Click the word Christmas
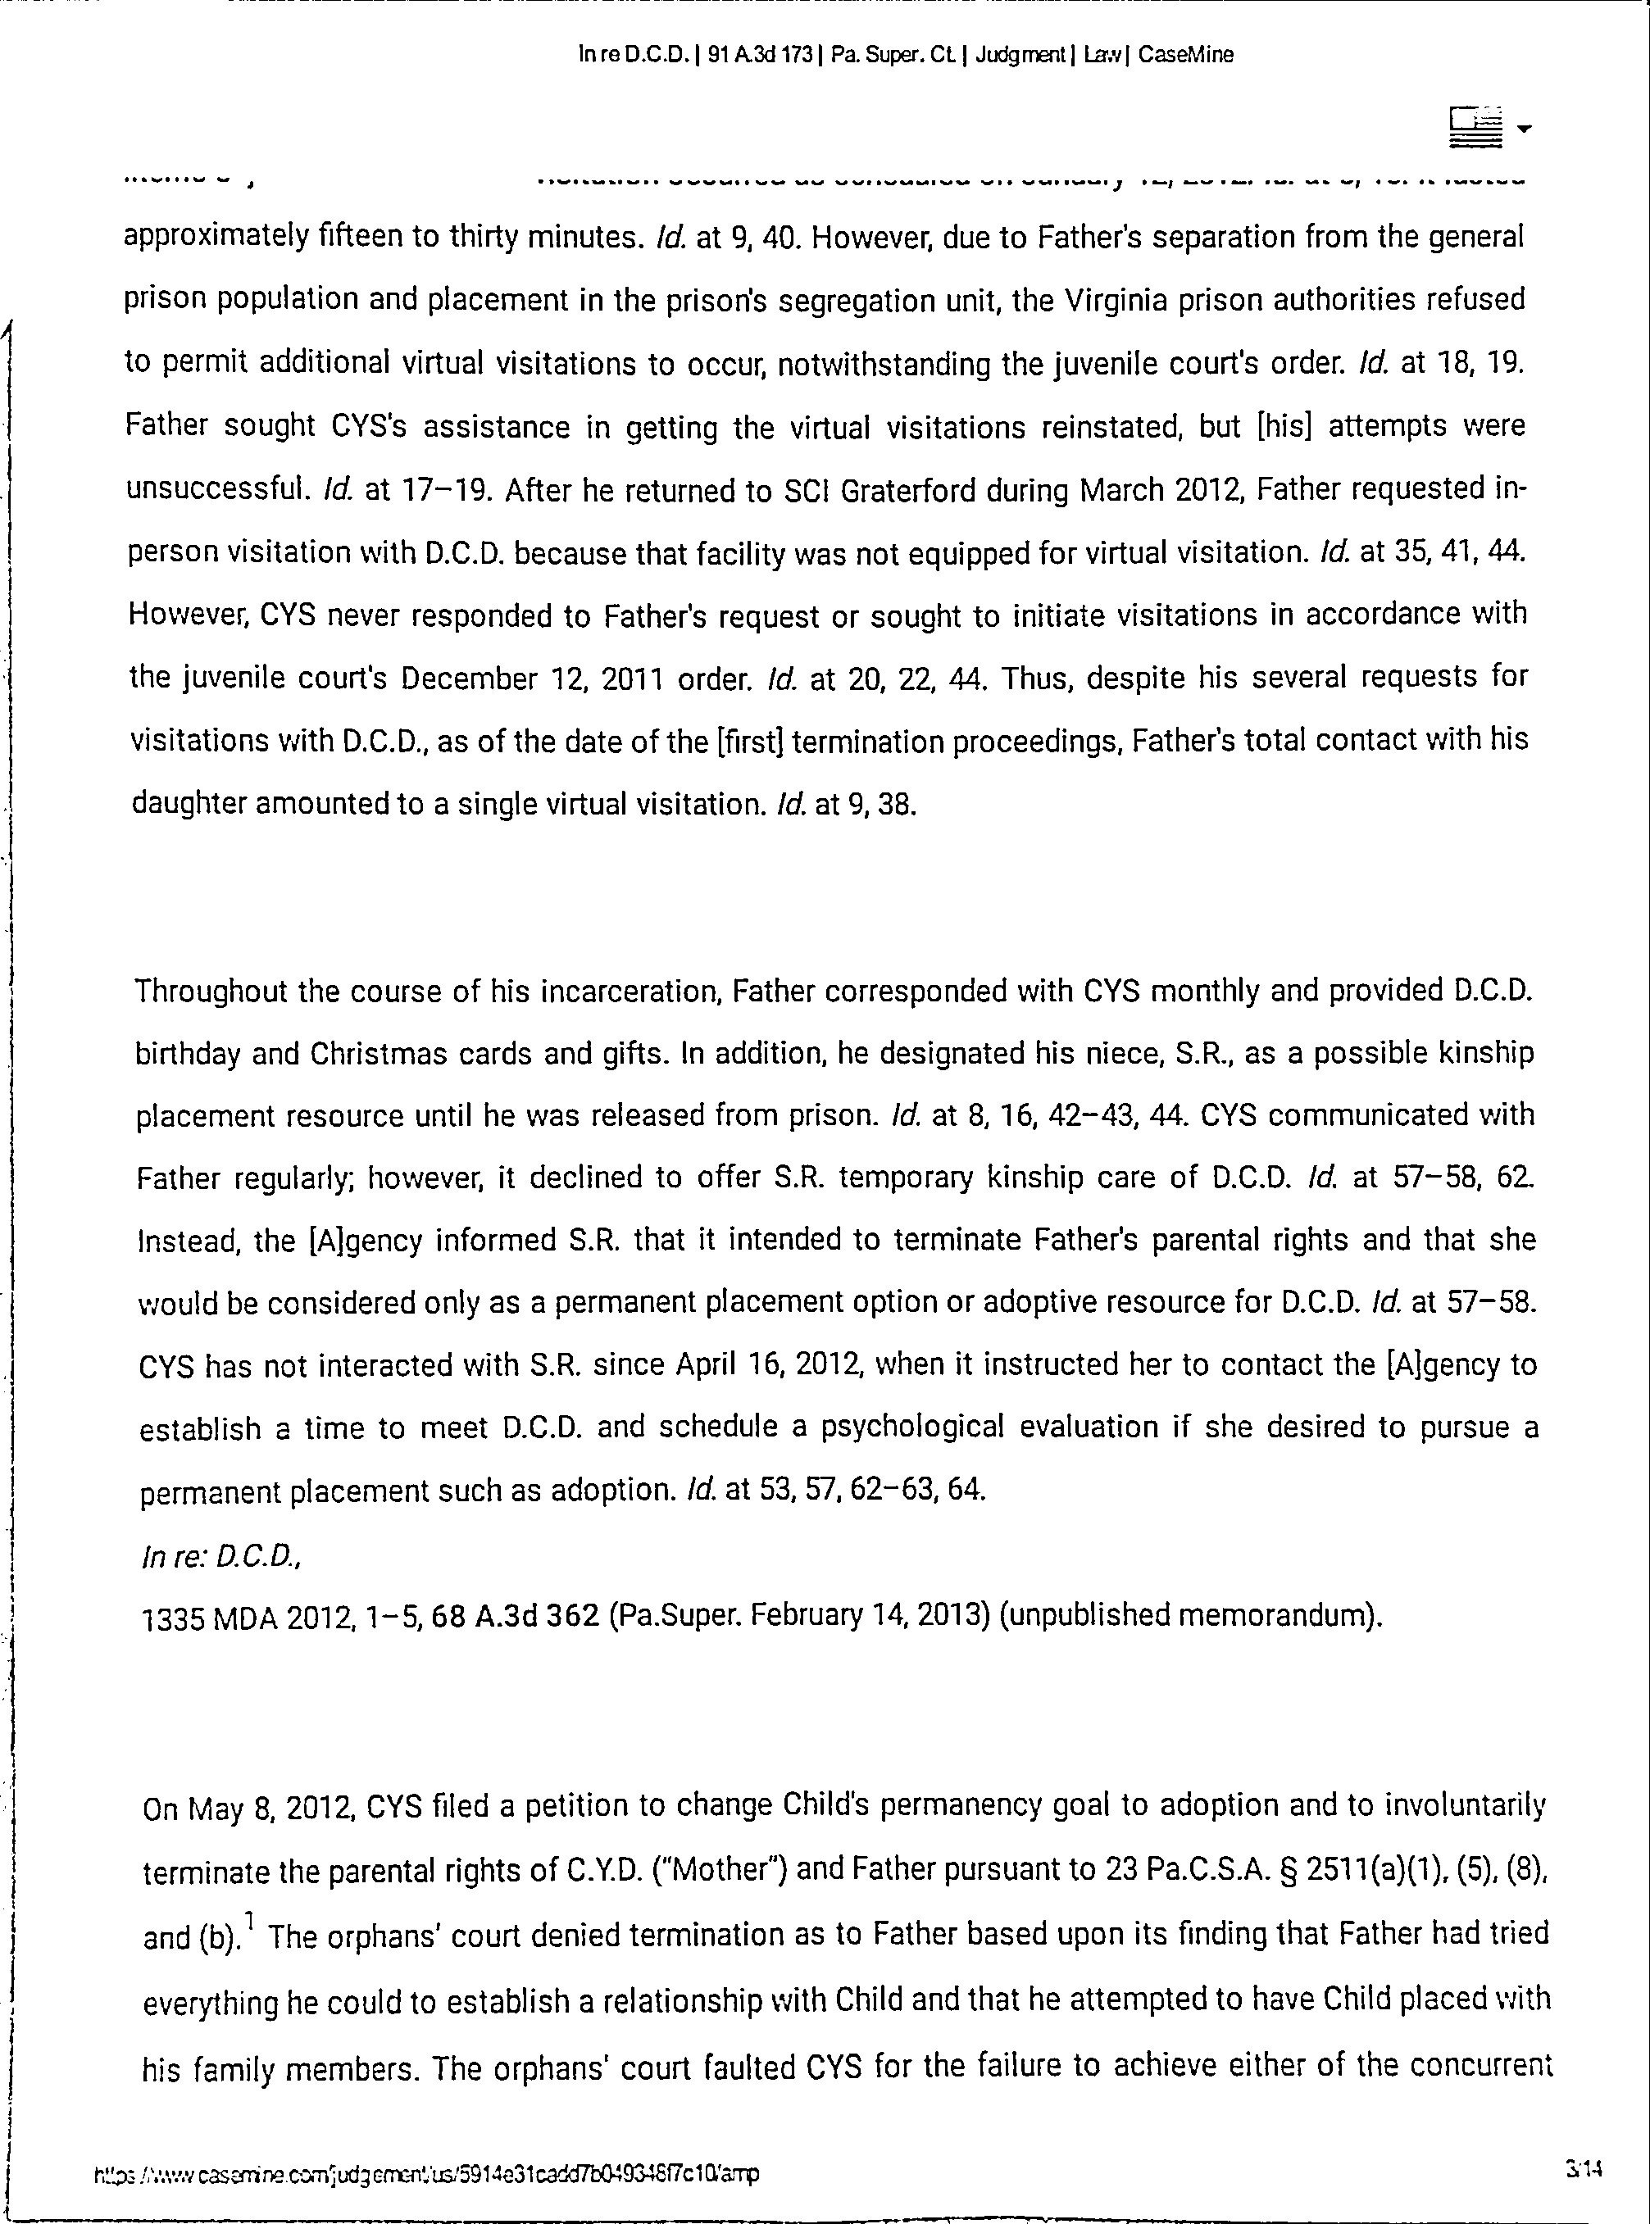click(378, 1054)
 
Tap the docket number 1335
click(175, 1617)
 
